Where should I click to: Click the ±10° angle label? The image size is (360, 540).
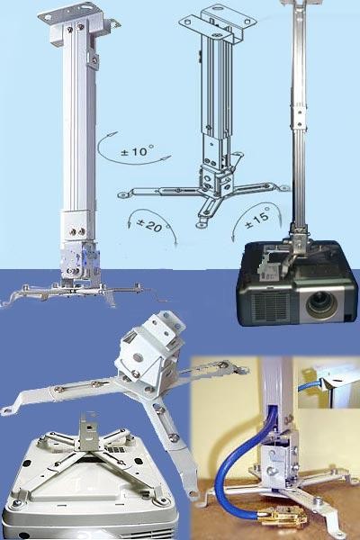coord(137,151)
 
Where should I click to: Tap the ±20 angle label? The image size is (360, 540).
coord(149,225)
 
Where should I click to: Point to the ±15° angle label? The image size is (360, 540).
coord(256,220)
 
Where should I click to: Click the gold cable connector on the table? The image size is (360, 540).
coord(282,518)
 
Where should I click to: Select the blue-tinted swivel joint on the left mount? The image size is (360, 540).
coord(80,259)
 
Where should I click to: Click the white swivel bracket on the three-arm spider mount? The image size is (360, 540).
coord(148,348)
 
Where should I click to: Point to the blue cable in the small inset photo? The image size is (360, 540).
coord(310,385)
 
